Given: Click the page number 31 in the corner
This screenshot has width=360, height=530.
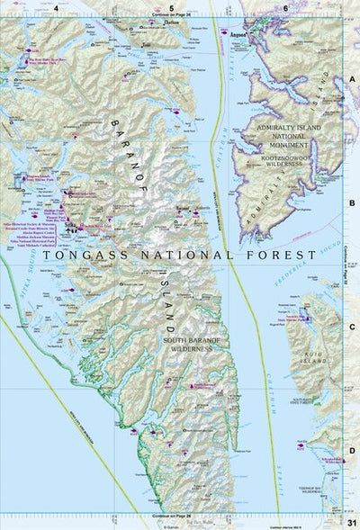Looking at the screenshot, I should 351,522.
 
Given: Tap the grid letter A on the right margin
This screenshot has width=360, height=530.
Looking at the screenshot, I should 353,78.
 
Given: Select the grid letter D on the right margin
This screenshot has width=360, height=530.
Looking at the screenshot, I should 353,453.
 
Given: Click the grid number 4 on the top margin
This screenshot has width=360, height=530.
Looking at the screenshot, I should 56,8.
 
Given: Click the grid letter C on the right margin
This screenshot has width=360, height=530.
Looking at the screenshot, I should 353,328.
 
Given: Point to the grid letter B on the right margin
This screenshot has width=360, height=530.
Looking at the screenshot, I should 353,203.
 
